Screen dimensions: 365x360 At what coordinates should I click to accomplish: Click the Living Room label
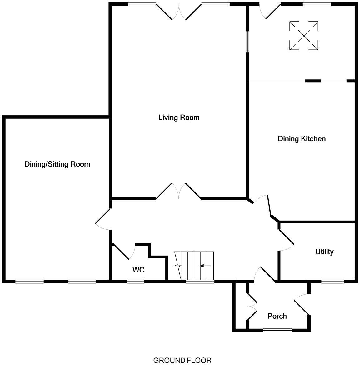pyautogui.click(x=179, y=118)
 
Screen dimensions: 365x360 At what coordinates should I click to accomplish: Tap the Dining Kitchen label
pyautogui.click(x=302, y=139)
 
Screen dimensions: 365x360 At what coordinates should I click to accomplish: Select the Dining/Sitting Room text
pyautogui.click(x=57, y=164)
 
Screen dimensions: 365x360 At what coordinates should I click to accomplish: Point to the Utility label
pyautogui.click(x=324, y=252)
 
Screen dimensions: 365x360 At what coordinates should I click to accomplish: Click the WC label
pyautogui.click(x=138, y=270)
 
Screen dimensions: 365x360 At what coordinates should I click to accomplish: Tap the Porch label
pyautogui.click(x=277, y=316)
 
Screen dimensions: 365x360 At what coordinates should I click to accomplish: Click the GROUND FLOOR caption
pyautogui.click(x=182, y=361)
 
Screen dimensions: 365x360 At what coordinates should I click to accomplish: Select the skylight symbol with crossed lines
pyautogui.click(x=304, y=36)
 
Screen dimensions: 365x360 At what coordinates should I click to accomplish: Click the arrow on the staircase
pyautogui.click(x=205, y=266)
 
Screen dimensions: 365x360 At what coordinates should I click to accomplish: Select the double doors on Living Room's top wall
pyautogui.click(x=179, y=12)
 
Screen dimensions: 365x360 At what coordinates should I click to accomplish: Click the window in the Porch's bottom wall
pyautogui.click(x=277, y=330)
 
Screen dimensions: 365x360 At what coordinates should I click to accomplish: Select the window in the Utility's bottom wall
pyautogui.click(x=331, y=282)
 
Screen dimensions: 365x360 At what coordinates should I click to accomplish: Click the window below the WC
pyautogui.click(x=136, y=282)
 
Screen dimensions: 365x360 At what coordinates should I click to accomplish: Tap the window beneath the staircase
pyautogui.click(x=200, y=282)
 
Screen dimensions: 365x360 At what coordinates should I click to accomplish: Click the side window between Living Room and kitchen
pyautogui.click(x=247, y=42)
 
